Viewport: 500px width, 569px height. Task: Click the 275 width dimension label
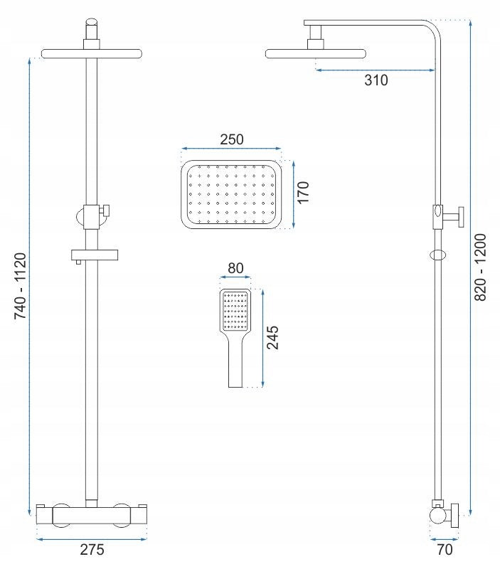(x=92, y=549)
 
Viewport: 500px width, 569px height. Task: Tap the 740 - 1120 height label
(x=21, y=286)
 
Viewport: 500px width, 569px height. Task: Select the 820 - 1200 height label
(x=480, y=267)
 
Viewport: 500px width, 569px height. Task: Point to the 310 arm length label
(x=376, y=80)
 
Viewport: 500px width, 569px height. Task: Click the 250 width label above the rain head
(x=232, y=139)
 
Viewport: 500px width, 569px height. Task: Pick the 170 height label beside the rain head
(x=302, y=192)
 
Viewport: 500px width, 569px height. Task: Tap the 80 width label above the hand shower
(x=235, y=268)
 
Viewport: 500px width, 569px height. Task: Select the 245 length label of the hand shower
(x=272, y=337)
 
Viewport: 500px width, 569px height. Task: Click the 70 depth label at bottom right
(x=445, y=549)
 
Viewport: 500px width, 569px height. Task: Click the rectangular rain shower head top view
(x=231, y=194)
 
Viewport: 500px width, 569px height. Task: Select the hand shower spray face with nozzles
(x=235, y=311)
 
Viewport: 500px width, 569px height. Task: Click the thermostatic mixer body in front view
(x=92, y=515)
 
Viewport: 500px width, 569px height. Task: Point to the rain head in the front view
(x=92, y=54)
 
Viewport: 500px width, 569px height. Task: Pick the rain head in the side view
(x=315, y=54)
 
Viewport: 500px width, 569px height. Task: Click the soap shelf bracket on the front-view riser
(x=95, y=256)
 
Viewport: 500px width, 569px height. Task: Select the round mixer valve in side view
(x=437, y=516)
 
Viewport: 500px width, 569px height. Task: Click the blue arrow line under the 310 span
(x=376, y=70)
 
